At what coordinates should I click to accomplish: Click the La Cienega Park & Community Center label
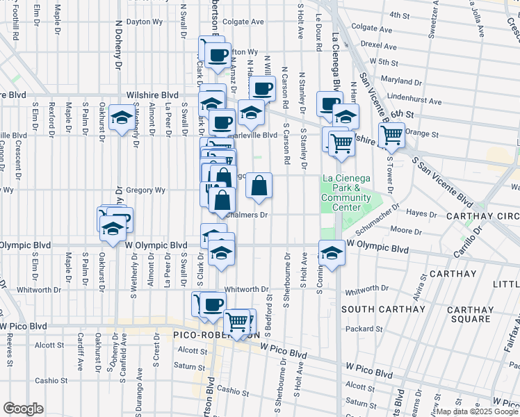click(x=341, y=193)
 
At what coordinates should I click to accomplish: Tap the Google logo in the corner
click(x=23, y=409)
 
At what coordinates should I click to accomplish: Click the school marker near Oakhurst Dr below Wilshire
click(x=122, y=118)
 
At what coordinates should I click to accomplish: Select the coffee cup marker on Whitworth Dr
click(x=213, y=303)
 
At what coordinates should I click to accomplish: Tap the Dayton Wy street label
click(x=144, y=22)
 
